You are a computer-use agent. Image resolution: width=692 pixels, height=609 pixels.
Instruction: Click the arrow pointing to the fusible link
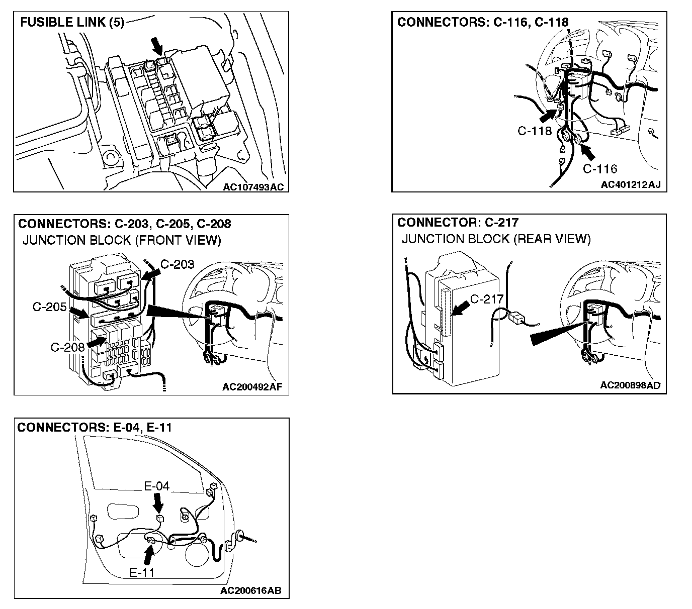click(x=158, y=47)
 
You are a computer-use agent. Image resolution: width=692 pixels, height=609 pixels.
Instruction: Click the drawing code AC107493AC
click(x=253, y=187)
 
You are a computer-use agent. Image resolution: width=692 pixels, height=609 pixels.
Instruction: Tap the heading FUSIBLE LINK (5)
click(x=72, y=23)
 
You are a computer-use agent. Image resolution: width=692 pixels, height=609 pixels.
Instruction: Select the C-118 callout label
click(x=535, y=131)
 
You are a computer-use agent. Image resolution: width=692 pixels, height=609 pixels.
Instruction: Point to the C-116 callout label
click(x=600, y=168)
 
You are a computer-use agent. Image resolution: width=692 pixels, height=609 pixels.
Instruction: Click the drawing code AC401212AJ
click(x=631, y=185)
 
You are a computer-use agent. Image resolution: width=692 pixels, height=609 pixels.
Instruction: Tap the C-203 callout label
click(x=177, y=264)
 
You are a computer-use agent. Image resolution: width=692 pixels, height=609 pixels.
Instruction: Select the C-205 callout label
click(x=49, y=307)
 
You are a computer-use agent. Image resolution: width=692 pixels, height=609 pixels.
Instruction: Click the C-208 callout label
click(x=68, y=347)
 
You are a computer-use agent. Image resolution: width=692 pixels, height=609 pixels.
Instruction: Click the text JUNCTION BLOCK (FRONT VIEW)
click(x=122, y=240)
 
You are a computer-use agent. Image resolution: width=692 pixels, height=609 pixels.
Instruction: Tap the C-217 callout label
click(x=486, y=299)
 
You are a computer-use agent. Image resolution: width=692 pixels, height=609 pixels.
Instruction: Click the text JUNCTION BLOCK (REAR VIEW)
click(x=496, y=239)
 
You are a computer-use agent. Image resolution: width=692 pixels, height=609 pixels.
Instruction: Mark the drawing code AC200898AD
click(x=630, y=385)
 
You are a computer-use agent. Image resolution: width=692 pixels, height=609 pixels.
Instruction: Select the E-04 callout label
click(x=157, y=486)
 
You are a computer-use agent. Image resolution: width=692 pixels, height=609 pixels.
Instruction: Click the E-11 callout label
click(x=142, y=572)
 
